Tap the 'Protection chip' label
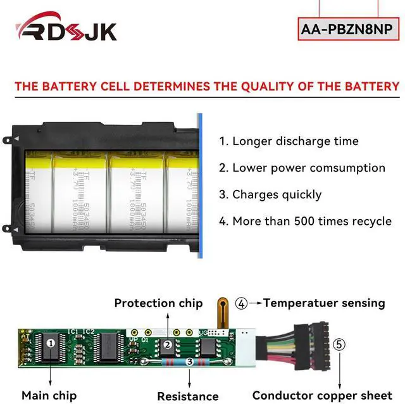158,303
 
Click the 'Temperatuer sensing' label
324,303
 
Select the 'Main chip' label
49,396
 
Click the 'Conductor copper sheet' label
322,396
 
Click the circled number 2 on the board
168,345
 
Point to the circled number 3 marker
190,361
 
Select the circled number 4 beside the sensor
241,303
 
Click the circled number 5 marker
340,344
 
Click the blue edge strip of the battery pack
200,177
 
